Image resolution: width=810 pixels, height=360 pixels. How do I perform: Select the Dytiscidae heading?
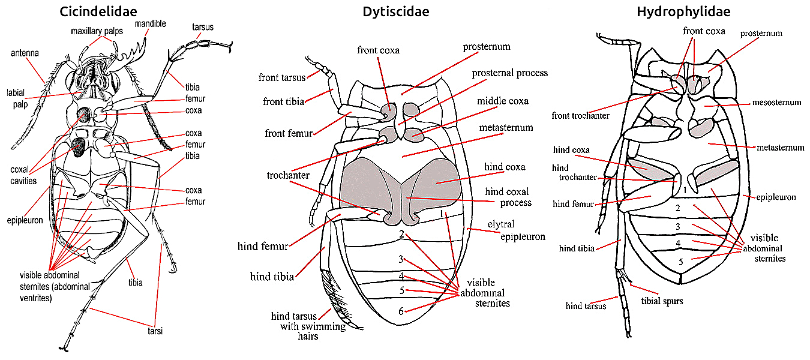[396, 11]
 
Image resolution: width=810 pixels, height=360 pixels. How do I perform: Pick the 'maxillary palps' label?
[96, 31]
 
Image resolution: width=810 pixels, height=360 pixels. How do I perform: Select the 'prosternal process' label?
[509, 73]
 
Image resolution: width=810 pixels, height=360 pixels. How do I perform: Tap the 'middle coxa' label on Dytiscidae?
[503, 101]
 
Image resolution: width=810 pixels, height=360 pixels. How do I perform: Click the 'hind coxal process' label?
[507, 197]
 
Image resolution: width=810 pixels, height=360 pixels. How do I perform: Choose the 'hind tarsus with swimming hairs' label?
[308, 326]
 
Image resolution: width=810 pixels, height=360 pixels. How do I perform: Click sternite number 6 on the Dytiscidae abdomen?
[400, 311]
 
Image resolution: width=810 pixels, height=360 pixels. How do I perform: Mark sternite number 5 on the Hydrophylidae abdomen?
[680, 262]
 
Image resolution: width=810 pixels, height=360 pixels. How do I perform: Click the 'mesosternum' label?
[776, 103]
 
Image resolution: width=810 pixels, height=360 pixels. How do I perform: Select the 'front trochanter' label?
[580, 116]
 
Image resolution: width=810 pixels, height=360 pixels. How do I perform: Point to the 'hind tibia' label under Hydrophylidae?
[577, 248]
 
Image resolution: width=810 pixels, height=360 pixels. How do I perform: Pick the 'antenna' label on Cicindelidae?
[25, 53]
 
